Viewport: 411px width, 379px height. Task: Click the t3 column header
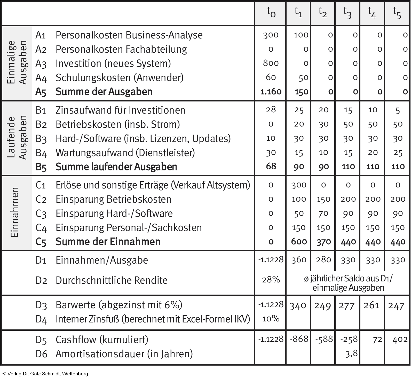(347, 13)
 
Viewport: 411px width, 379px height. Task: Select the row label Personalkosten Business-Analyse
(129, 35)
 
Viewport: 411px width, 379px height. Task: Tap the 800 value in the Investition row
(271, 63)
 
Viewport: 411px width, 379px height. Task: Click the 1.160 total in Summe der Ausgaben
(271, 92)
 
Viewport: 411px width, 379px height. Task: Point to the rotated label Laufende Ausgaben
(17, 138)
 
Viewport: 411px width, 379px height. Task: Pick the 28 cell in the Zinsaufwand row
(271, 110)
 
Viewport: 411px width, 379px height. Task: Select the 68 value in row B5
(271, 167)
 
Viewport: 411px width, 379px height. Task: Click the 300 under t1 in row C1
(299, 185)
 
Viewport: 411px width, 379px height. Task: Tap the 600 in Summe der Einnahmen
(299, 242)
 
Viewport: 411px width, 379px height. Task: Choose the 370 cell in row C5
(323, 242)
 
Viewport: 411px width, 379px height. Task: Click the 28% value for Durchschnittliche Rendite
(271, 280)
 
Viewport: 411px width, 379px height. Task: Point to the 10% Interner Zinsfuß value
(271, 319)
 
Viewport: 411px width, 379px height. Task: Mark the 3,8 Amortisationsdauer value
(351, 353)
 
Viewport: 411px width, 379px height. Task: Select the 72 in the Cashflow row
(377, 339)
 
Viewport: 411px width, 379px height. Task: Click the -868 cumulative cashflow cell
(299, 339)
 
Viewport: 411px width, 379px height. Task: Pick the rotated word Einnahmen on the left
(15, 212)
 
